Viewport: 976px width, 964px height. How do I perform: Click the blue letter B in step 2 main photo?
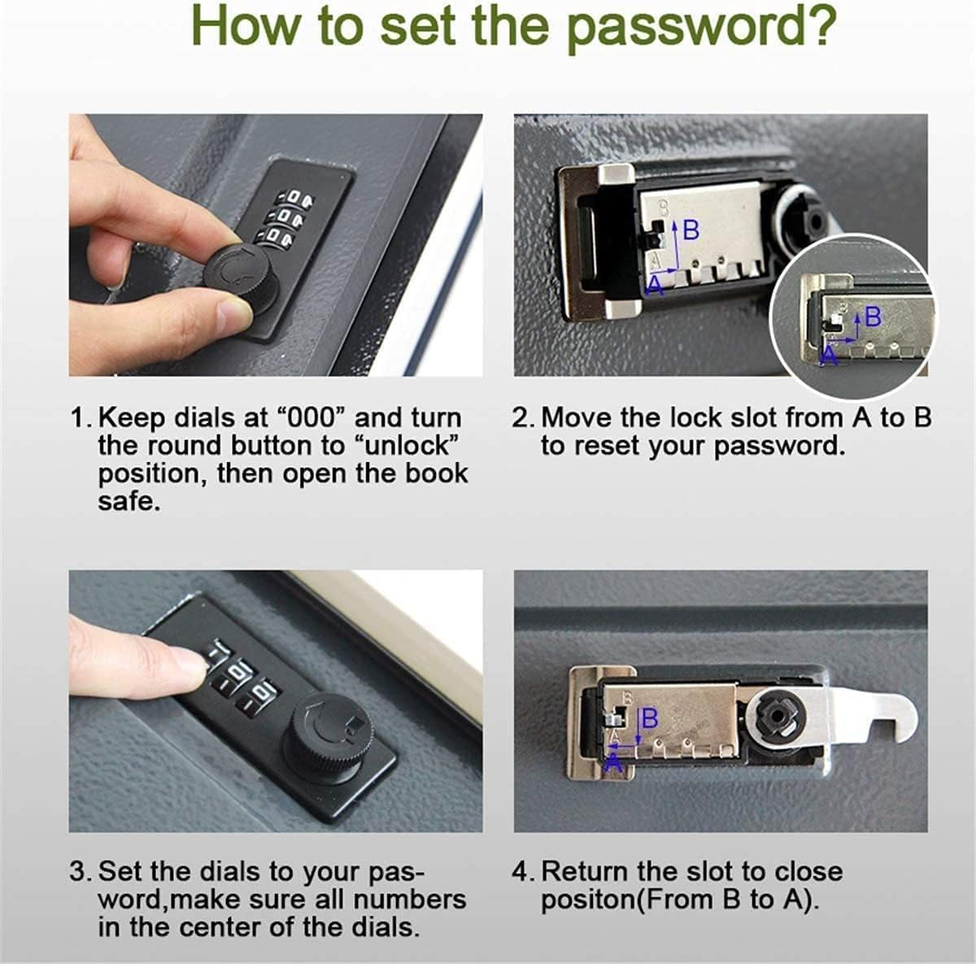coord(691,231)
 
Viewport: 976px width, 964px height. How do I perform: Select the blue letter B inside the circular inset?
coord(873,316)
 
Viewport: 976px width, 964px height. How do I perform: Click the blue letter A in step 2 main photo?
coord(653,284)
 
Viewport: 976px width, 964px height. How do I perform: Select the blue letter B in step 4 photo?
coord(650,718)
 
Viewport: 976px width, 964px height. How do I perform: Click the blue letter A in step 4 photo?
coord(614,761)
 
